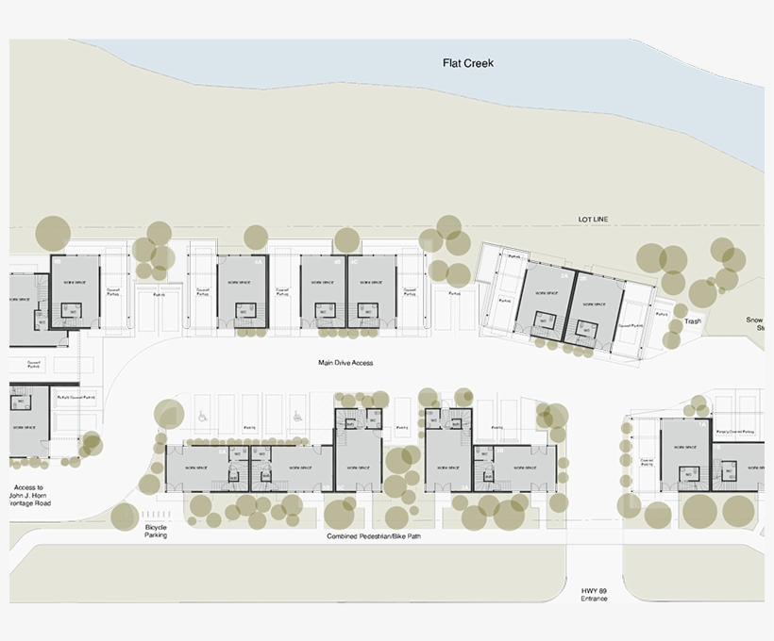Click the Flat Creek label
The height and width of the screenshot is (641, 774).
pyautogui.click(x=468, y=63)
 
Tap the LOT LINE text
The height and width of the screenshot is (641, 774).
pyautogui.click(x=594, y=220)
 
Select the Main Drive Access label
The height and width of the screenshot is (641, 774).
pyautogui.click(x=347, y=362)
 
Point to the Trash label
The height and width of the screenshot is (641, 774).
pyautogui.click(x=693, y=321)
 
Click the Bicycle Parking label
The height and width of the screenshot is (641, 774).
pyautogui.click(x=156, y=531)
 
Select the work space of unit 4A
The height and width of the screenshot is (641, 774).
pyautogui.click(x=244, y=283)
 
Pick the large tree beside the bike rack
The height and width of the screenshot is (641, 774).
pyautogui.click(x=124, y=517)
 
